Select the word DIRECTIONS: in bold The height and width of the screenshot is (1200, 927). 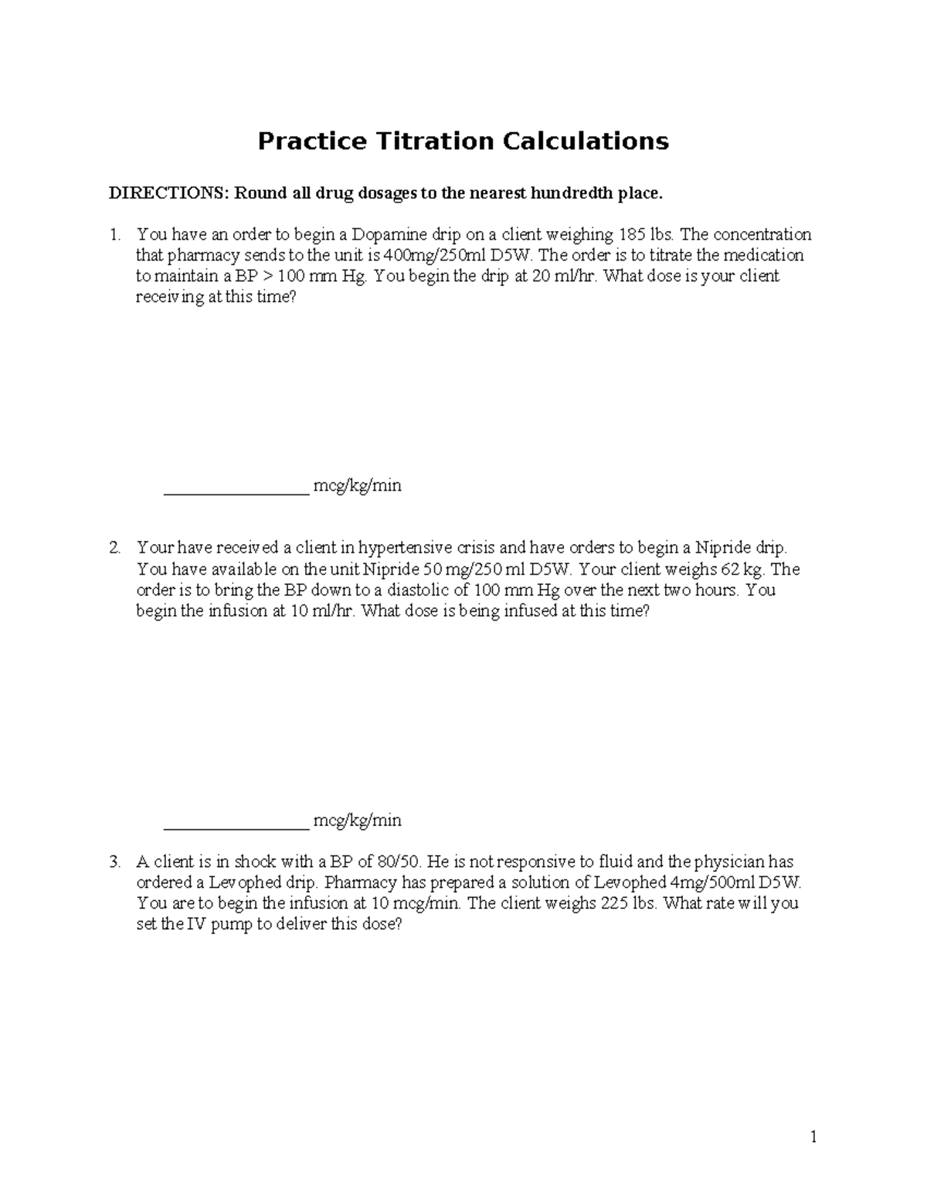point(168,193)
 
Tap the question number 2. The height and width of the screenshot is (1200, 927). point(114,549)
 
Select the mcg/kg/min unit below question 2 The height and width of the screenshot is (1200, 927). point(357,821)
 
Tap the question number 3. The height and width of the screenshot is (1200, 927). point(114,862)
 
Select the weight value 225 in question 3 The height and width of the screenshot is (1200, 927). point(613,903)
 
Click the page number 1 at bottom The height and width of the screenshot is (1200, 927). point(813,1137)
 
